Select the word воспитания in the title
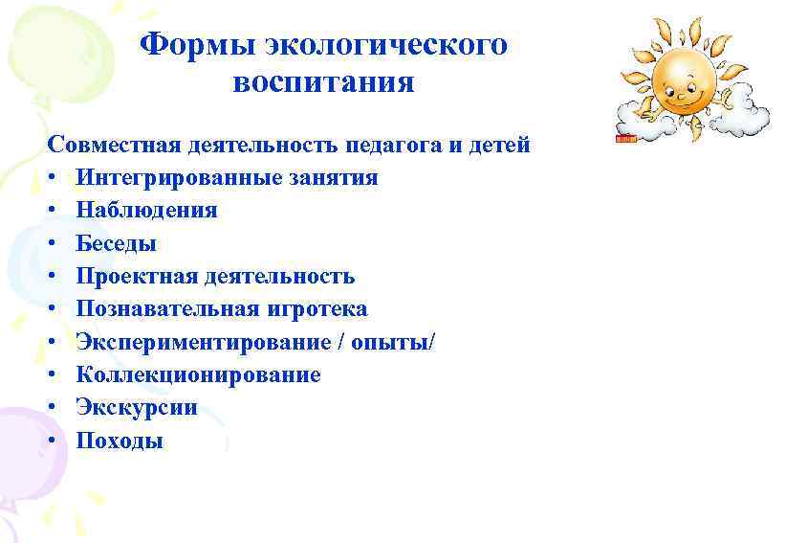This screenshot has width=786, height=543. point(323,82)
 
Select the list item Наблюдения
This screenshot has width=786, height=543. point(146,211)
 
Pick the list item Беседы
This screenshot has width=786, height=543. point(116,243)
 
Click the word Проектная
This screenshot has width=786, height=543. point(135,277)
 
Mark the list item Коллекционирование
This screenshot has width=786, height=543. point(198,374)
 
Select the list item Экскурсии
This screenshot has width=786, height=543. point(137,408)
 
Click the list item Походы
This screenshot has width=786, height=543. point(120,441)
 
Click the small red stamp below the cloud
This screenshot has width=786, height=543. point(626,140)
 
